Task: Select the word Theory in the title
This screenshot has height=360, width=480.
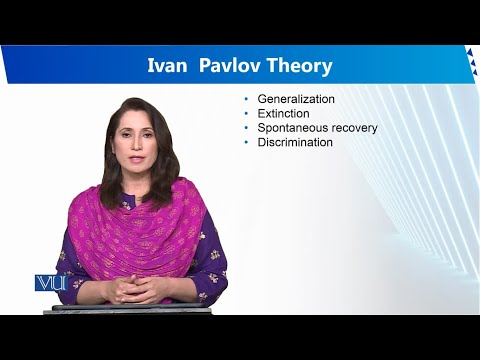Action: pos(299,67)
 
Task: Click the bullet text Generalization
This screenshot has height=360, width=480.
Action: pos(296,100)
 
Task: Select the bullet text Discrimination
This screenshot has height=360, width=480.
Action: pos(295,142)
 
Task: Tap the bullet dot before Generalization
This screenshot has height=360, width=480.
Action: pos(247,100)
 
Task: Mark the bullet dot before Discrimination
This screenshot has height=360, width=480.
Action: pos(247,142)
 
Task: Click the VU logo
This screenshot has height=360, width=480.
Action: pos(49,283)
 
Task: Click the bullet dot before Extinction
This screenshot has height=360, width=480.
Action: pos(247,114)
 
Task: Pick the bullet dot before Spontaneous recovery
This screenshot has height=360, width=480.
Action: pos(247,128)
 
